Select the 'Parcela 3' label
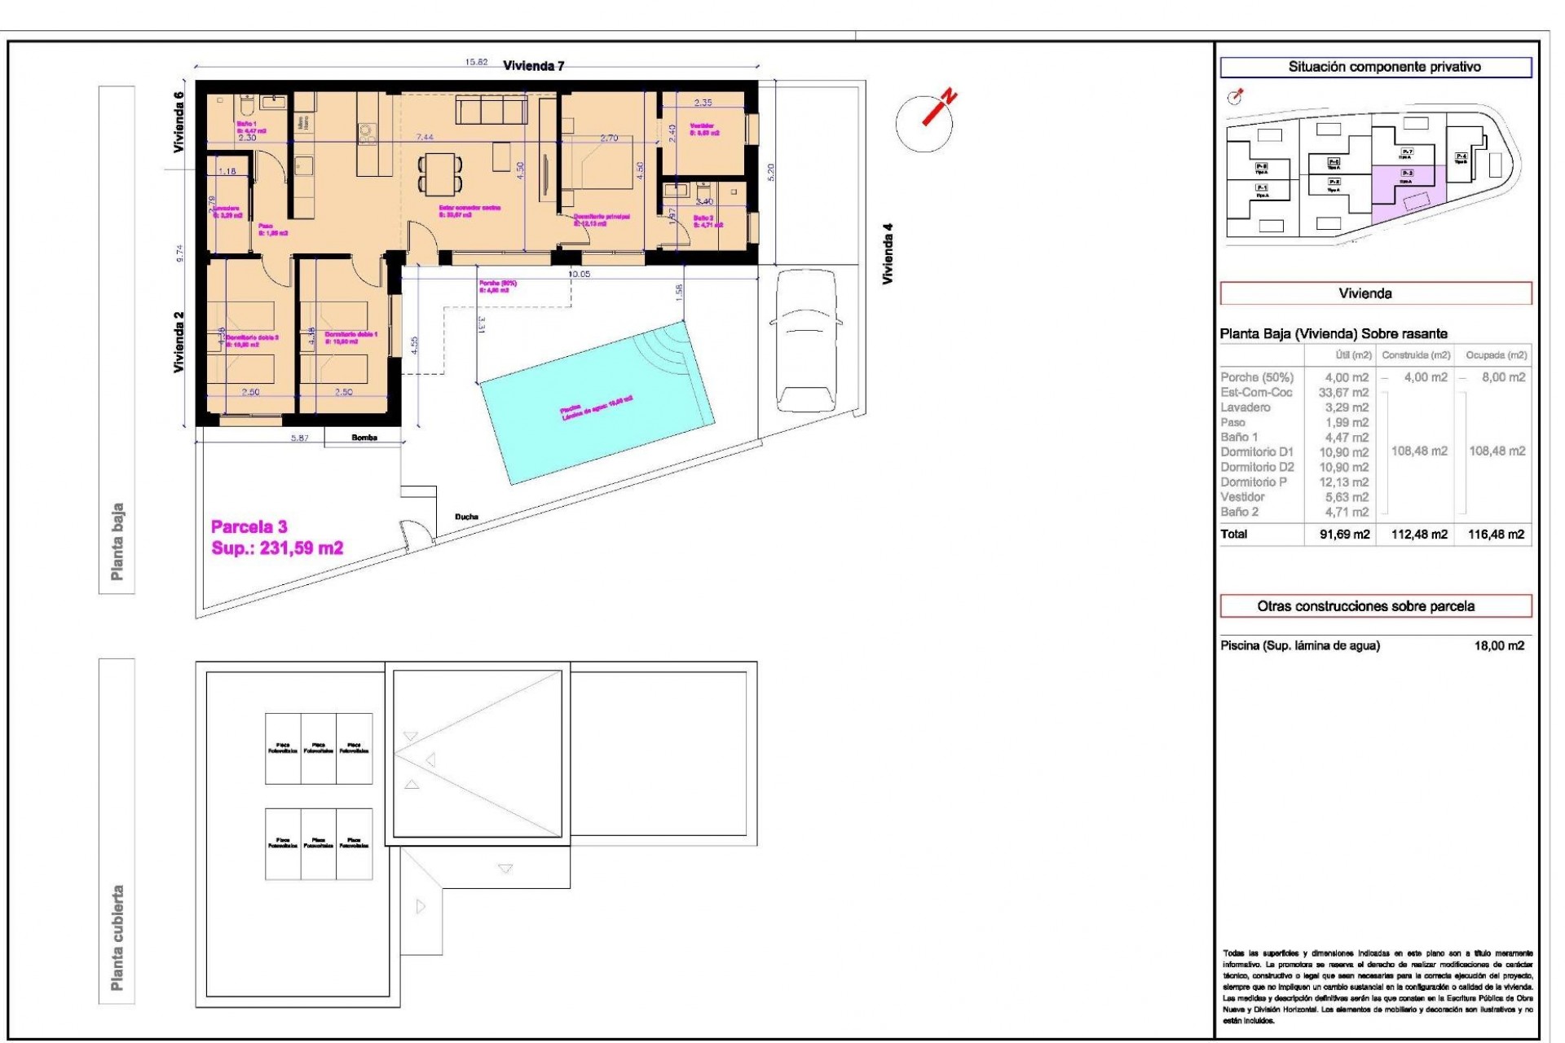click(x=249, y=526)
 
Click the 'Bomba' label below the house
click(x=364, y=438)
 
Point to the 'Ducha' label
click(x=466, y=517)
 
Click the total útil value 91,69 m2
click(x=1344, y=535)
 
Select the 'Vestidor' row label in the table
click(x=1242, y=497)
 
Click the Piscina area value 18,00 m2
click(x=1498, y=645)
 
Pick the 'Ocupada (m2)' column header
click(x=1496, y=355)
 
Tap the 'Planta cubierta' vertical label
click(x=117, y=937)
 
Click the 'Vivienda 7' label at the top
click(x=533, y=66)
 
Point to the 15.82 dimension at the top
click(x=476, y=62)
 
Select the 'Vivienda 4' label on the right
click(x=888, y=253)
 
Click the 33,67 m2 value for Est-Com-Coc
click(x=1343, y=393)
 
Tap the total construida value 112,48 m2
click(x=1419, y=535)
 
